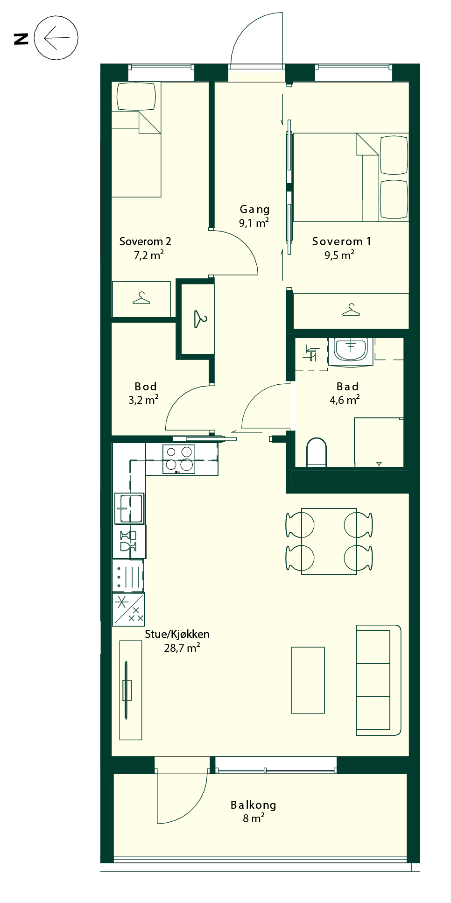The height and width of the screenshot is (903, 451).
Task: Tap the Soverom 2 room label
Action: (x=145, y=241)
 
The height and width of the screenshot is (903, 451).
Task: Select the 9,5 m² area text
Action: (x=339, y=255)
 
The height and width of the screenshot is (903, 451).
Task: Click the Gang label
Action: (x=254, y=210)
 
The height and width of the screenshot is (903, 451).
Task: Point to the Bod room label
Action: (x=146, y=387)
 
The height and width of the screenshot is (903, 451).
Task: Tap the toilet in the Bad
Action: (x=317, y=452)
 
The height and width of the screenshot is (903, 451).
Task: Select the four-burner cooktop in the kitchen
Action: (x=179, y=459)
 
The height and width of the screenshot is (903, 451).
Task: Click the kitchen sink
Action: (x=129, y=508)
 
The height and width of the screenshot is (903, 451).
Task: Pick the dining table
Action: (x=329, y=541)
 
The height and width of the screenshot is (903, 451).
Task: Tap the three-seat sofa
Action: (x=378, y=680)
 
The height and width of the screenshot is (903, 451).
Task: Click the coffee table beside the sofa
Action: (x=308, y=680)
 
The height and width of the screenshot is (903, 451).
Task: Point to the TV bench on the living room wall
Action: (x=131, y=690)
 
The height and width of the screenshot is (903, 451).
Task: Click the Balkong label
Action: (x=254, y=805)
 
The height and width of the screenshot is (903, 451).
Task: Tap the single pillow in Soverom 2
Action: (x=136, y=97)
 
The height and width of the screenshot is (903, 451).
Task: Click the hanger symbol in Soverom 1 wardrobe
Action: (x=351, y=310)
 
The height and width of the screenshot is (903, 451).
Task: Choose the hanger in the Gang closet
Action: (x=200, y=319)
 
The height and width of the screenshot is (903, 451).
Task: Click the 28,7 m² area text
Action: (x=182, y=648)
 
